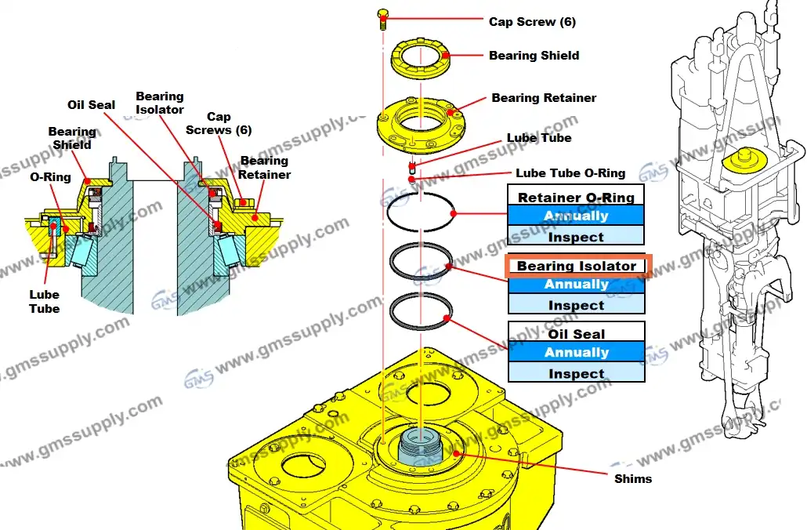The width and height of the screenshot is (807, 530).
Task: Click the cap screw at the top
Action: pyautogui.click(x=383, y=17)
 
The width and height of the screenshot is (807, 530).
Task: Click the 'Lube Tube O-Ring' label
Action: pyautogui.click(x=570, y=173)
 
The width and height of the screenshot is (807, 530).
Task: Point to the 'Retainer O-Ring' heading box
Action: pyautogui.click(x=576, y=195)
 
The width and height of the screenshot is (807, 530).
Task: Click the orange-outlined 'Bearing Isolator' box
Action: pyautogui.click(x=576, y=266)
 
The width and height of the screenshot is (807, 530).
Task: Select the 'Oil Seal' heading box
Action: pyautogui.click(x=576, y=333)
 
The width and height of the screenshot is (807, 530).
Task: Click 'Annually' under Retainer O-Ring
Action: pyautogui.click(x=576, y=216)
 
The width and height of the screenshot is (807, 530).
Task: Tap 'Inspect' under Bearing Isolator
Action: pyautogui.click(x=576, y=305)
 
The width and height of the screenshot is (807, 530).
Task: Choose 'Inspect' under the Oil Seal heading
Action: pyautogui.click(x=576, y=373)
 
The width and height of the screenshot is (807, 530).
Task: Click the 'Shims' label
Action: pyautogui.click(x=632, y=478)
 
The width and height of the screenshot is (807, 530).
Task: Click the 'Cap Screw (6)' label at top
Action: pyautogui.click(x=532, y=21)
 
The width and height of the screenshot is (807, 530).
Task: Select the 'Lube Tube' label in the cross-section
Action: pyautogui.click(x=44, y=302)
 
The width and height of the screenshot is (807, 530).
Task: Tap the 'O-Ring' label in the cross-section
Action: pyautogui.click(x=50, y=177)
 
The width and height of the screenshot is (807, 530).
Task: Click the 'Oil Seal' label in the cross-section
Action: pyautogui.click(x=91, y=104)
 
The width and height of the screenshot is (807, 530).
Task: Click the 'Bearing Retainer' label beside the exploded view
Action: pyautogui.click(x=544, y=98)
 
